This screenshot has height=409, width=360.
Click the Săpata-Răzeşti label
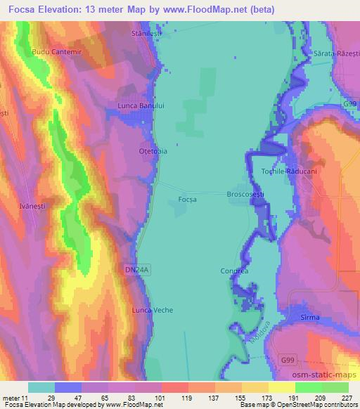click(333, 53)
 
